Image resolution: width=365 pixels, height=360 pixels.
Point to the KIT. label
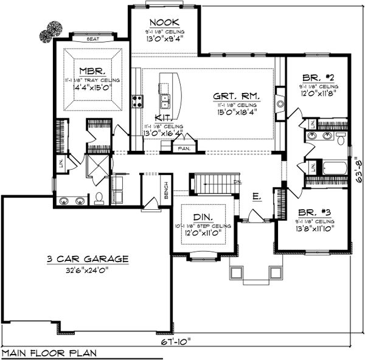(163, 117)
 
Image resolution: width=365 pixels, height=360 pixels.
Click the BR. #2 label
(319, 78)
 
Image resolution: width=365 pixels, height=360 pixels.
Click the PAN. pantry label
(182, 148)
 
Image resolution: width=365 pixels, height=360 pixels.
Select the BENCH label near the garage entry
(166, 193)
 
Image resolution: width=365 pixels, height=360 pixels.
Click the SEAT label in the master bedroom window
(93, 38)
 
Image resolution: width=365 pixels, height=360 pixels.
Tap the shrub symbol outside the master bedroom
(50, 32)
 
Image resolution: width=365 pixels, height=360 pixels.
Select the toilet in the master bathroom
(99, 199)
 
